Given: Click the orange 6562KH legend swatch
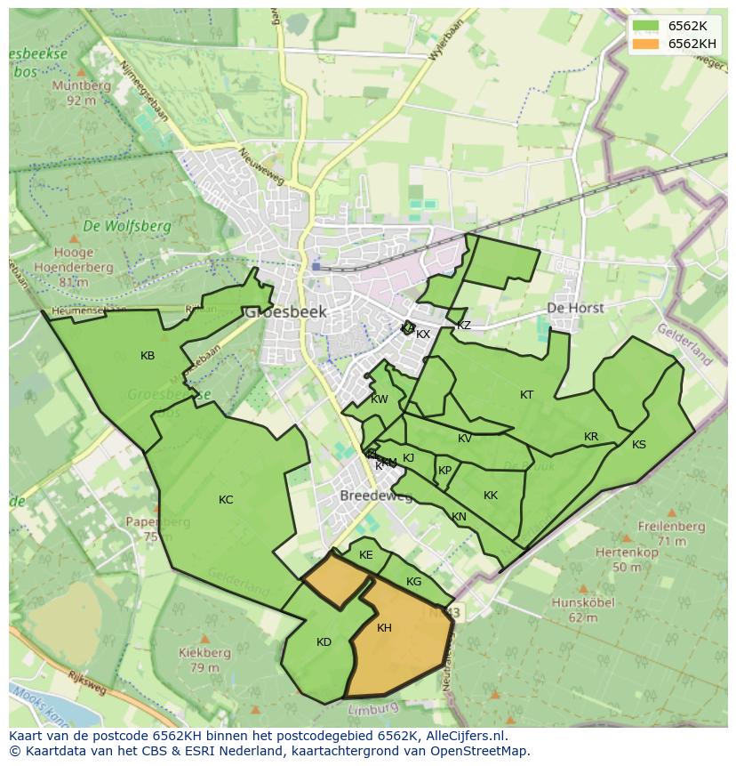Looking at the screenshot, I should point(647,44).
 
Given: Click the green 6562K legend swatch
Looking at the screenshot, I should point(647,26).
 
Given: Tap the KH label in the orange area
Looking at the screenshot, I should point(384,628).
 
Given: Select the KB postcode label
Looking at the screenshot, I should point(148,356).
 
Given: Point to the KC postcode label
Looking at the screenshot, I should point(226,500).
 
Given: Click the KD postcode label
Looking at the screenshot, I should point(324,642).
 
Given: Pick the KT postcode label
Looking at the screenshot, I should point(527,395).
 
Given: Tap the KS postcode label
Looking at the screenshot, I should point(639,445).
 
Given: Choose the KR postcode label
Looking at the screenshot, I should point(591,437).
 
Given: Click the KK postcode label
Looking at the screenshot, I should point(491,496).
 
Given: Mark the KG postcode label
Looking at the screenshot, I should point(413,582).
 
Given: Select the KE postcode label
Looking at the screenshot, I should point(366,555).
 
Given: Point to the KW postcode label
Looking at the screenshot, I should point(380,399).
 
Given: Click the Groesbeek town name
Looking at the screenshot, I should point(285,312).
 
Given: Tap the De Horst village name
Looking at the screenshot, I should point(575,308).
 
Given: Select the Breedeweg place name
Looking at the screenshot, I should point(376,496).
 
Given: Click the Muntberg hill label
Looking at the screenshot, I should point(81,86).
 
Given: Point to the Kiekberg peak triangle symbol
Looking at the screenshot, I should point(204,639).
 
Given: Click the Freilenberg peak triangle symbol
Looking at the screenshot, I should point(627,537).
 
